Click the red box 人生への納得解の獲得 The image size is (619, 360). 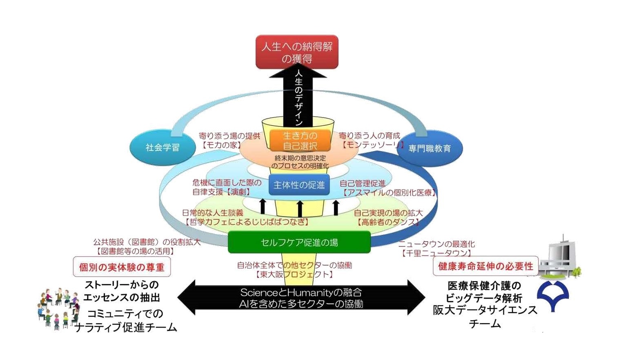[297, 52]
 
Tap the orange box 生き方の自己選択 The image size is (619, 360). [300, 141]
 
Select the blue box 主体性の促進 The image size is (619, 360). [299, 185]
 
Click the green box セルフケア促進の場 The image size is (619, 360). [299, 242]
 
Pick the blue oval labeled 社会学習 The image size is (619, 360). [163, 148]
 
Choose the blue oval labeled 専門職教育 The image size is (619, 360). [430, 148]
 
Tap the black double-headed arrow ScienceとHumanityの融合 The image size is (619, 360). [301, 298]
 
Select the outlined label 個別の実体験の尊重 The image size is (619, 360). [122, 267]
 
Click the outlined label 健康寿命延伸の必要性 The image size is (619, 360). [485, 266]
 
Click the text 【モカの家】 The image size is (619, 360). [220, 145]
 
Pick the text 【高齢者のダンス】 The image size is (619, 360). [388, 222]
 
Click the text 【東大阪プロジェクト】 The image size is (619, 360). [294, 274]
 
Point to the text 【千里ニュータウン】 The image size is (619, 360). [436, 253]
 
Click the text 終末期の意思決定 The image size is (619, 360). [300, 158]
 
